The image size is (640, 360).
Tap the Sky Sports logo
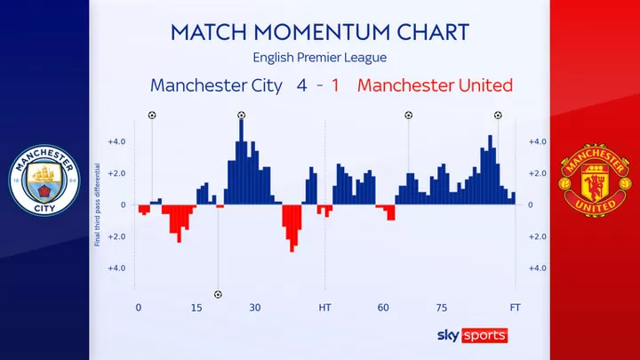tap(472, 334)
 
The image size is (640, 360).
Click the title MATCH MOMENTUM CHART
tap(319, 33)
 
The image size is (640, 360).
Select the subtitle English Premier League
tap(319, 58)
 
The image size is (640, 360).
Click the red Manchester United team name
tap(435, 86)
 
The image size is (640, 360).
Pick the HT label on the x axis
tap(325, 308)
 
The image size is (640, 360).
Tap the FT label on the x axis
tap(516, 308)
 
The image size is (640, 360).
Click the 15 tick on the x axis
tap(197, 308)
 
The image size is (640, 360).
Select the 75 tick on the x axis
tap(442, 308)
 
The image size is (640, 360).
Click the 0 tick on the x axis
tap(138, 308)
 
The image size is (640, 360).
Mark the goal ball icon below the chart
tap(218, 293)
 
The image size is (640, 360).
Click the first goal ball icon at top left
tap(151, 115)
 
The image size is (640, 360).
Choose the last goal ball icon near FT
tap(497, 115)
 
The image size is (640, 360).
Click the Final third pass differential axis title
tap(97, 204)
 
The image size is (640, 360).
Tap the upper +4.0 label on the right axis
tap(537, 141)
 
